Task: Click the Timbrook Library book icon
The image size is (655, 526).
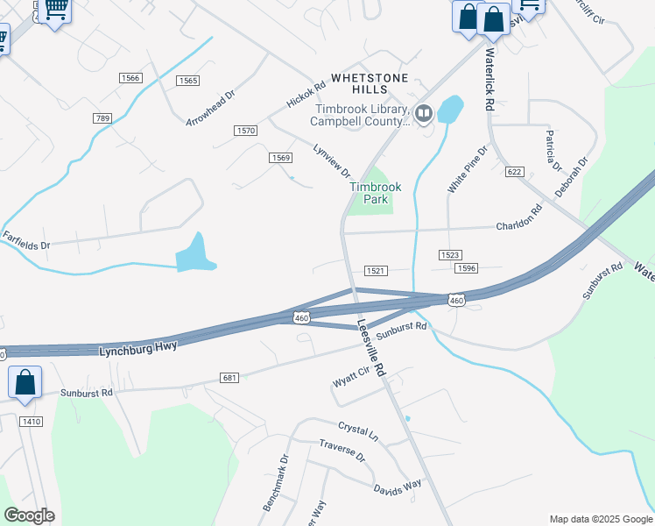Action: [x=424, y=112]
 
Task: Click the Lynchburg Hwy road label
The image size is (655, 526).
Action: [x=140, y=347]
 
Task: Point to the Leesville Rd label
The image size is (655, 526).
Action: [x=371, y=346]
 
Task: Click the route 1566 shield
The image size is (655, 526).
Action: [x=131, y=78]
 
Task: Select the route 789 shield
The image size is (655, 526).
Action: [x=102, y=118]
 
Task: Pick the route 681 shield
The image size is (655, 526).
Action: [x=230, y=378]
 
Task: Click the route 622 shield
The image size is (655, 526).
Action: [x=514, y=172]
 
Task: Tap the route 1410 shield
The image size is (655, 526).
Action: [x=32, y=422]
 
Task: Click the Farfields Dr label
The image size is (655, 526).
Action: [x=25, y=240]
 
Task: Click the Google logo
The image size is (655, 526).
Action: [x=29, y=515]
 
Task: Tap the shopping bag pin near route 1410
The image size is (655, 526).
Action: [x=25, y=383]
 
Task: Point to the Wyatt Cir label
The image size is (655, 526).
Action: [x=352, y=380]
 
